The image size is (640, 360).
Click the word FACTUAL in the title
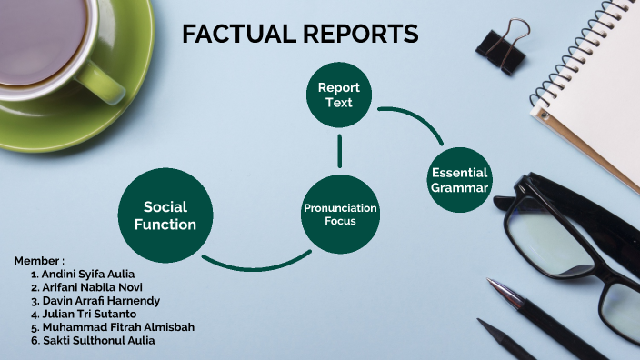[235, 35]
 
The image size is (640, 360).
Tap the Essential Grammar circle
[460, 180]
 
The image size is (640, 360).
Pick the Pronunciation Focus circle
[339, 215]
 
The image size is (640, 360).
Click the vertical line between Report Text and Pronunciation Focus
[339, 151]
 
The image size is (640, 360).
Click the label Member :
[39, 260]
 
